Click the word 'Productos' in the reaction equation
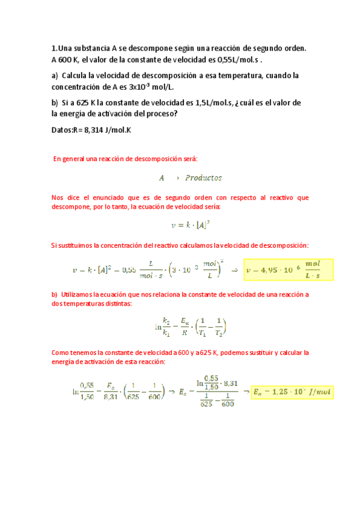204,178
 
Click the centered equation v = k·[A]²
191,225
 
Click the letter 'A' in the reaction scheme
161,178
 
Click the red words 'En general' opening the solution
69,159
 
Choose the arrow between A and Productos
178,178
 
